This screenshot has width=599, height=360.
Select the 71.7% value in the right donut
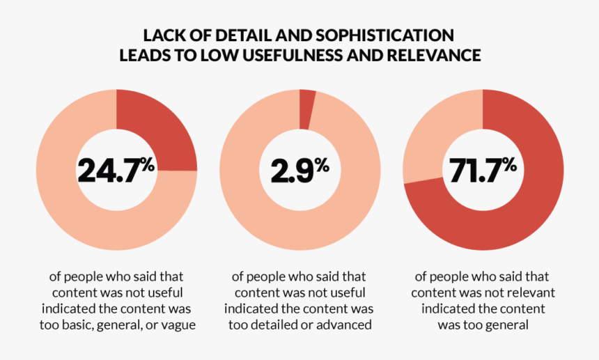pos(482,171)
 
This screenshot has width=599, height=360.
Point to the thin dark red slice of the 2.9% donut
pos(306,109)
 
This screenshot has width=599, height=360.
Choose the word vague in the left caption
pos(178,324)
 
